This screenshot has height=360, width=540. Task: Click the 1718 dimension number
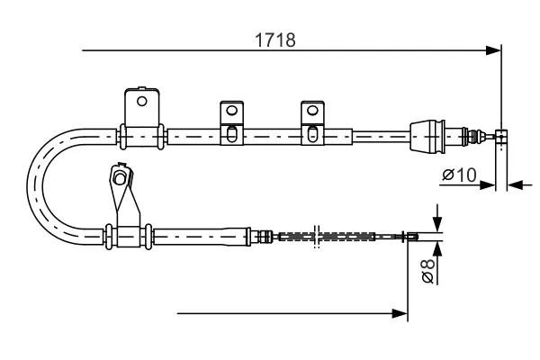point(274,40)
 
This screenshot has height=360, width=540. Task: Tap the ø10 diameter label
point(459,175)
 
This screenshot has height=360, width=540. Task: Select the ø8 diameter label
point(428,271)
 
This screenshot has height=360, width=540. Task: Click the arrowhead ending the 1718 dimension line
point(493,50)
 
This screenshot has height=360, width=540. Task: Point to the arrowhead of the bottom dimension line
point(400,313)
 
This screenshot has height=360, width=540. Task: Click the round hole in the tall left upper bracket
point(141,102)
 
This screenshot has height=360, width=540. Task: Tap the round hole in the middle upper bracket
point(232,111)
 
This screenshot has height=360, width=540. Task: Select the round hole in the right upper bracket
point(312,111)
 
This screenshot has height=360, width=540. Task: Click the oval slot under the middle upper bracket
point(232,134)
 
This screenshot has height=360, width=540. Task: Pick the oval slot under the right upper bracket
point(312,134)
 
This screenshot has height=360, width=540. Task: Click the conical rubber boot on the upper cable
point(427,135)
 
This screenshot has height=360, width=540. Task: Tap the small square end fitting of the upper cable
point(501,137)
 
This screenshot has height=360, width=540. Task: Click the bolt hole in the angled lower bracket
point(119,178)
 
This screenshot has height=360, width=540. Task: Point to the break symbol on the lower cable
point(317,237)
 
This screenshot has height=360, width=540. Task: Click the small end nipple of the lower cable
point(412,237)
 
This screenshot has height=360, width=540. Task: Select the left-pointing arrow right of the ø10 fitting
point(515,185)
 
